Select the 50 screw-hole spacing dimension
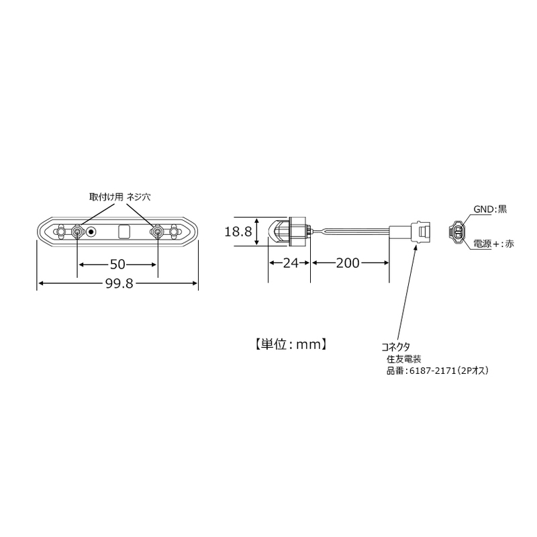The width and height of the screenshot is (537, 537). (117, 264)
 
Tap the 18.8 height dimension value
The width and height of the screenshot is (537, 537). (238, 232)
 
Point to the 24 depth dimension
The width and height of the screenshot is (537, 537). (290, 263)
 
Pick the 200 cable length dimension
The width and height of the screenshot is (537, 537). (348, 263)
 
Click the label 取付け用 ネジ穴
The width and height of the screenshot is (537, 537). (120, 197)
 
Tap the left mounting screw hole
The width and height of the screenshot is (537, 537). (77, 232)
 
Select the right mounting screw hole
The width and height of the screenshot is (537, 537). (158, 232)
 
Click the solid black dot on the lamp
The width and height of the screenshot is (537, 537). (91, 232)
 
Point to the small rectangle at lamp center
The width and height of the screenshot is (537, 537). (124, 232)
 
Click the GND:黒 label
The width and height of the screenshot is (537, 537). (490, 209)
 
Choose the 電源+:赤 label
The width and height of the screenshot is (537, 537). (493, 244)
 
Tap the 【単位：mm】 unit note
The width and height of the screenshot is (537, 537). (290, 344)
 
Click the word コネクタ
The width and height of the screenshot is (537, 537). (396, 347)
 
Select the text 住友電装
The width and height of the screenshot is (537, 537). (404, 359)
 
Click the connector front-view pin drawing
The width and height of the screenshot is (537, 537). (456, 232)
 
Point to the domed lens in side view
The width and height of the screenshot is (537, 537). (278, 232)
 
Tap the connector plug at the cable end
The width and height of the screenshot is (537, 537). (410, 232)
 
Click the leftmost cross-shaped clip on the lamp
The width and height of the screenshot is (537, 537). (60, 232)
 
